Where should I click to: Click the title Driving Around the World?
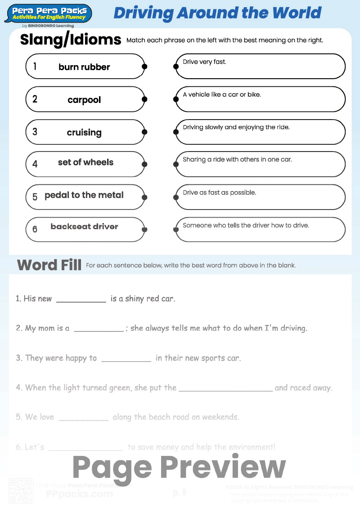point(217,13)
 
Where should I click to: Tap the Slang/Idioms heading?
point(71,40)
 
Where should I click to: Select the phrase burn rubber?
point(84,67)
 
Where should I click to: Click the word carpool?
point(84,100)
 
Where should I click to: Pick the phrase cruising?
point(84,133)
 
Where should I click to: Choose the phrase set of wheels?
point(85,162)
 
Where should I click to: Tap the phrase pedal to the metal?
point(84,195)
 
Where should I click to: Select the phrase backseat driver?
point(84,227)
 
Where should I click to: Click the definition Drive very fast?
point(205,62)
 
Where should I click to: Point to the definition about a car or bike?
point(222,95)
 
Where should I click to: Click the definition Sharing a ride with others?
point(237,160)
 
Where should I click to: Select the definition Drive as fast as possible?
point(219,192)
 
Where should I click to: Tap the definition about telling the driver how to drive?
point(246,225)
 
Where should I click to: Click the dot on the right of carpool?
point(144,99)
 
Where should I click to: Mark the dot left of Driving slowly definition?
point(176,132)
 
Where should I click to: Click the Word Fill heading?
point(49,265)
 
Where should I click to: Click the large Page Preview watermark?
point(179,468)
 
